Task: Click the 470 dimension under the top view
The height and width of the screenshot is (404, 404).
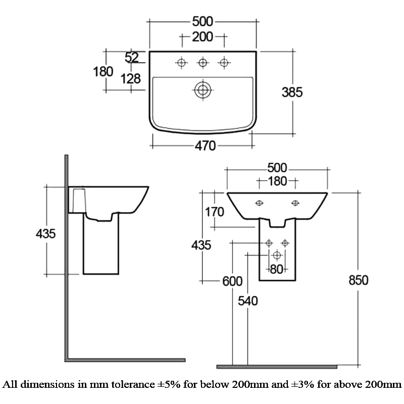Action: point(205,146)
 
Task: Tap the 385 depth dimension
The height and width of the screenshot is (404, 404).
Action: point(292,92)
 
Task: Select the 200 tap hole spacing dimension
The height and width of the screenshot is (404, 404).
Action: point(203,37)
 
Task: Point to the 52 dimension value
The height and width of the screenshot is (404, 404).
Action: point(132,57)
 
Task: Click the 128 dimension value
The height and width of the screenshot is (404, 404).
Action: point(131,79)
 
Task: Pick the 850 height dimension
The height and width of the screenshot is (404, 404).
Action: point(359,280)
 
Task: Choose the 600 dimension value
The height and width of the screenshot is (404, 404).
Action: point(232,281)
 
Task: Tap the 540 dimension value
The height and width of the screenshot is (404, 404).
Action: point(247,300)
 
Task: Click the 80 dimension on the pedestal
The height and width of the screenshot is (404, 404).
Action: point(277,269)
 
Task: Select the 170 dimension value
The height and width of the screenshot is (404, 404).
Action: point(214,212)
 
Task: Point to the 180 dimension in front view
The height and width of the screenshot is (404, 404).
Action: point(277,181)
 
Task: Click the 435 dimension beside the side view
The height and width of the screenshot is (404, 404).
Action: point(45,234)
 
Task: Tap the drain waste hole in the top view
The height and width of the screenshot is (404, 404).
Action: point(203,90)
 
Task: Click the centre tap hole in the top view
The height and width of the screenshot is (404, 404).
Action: point(203,63)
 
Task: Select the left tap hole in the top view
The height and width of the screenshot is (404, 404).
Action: point(182,63)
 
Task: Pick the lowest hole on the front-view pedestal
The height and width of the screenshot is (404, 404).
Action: point(277,256)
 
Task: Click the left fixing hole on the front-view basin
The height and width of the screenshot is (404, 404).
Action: point(259,204)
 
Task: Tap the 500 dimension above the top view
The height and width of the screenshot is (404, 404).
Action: point(203,22)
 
